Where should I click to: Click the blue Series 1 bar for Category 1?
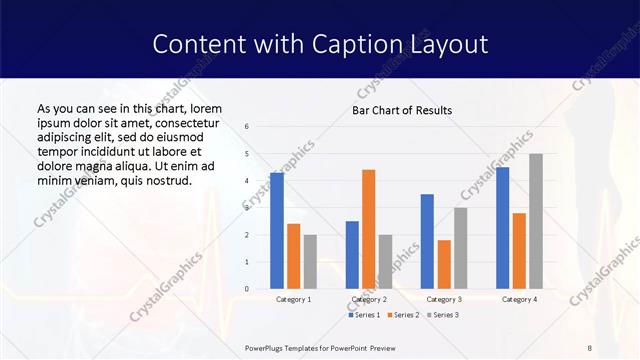(x=277, y=231)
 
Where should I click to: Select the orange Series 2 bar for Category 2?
(x=368, y=229)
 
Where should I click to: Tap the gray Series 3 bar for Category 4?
(x=536, y=221)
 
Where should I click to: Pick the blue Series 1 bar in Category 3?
(x=427, y=241)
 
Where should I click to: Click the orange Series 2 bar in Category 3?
(x=444, y=264)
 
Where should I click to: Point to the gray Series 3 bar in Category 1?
(x=310, y=262)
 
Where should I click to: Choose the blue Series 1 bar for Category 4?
(x=502, y=228)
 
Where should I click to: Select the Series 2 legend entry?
(x=404, y=315)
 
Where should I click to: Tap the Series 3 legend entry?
(x=443, y=315)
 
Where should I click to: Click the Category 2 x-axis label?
(x=368, y=299)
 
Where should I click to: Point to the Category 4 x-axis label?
(x=519, y=299)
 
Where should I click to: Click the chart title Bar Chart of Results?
(x=401, y=110)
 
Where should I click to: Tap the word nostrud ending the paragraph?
(x=166, y=179)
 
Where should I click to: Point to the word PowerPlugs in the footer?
(x=265, y=348)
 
